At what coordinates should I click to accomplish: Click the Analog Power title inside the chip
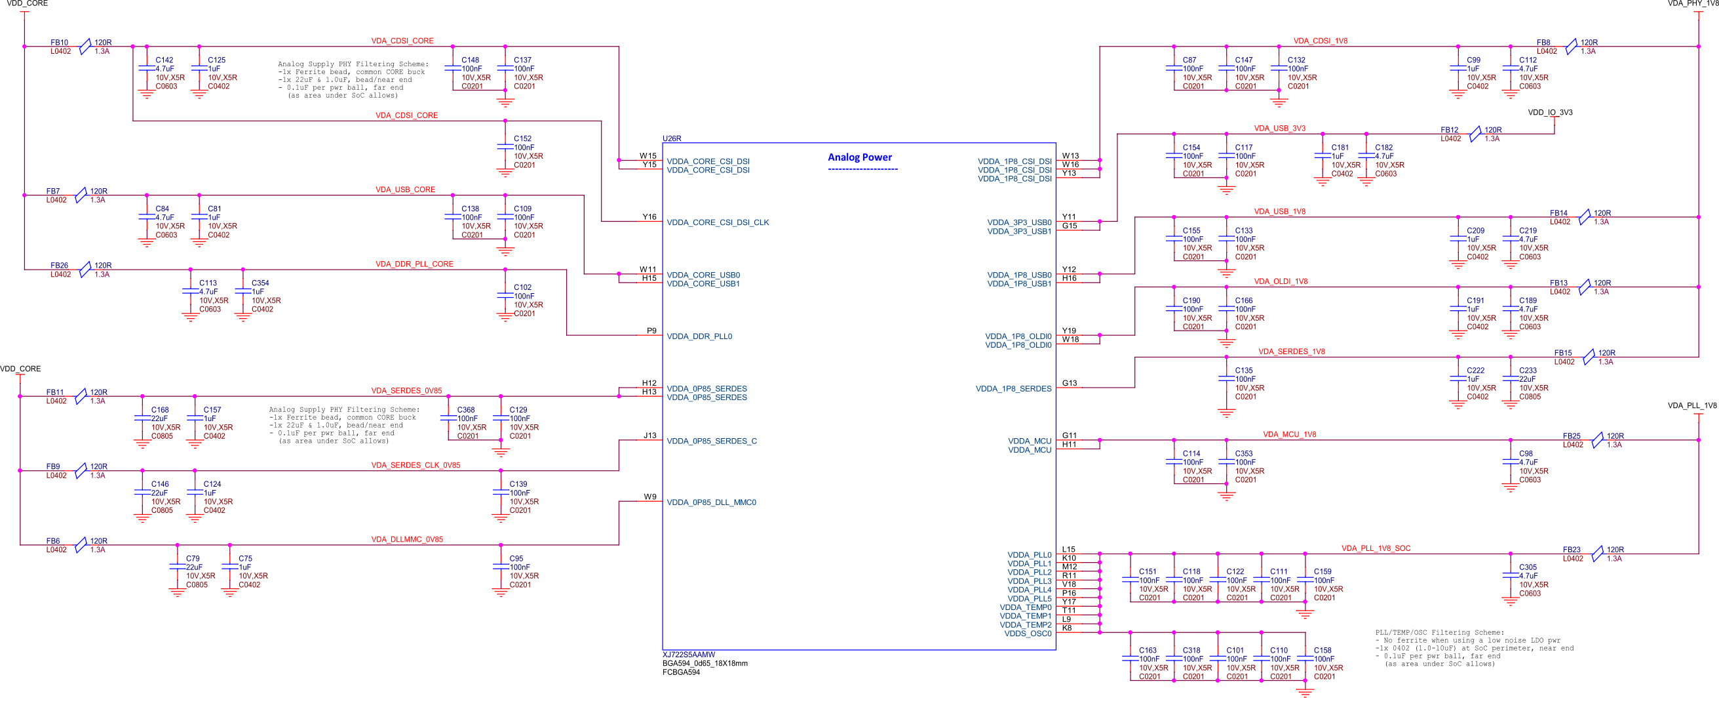tap(860, 157)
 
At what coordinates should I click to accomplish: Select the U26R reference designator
tap(671, 138)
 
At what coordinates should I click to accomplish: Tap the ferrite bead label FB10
tap(60, 43)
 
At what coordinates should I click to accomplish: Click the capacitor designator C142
tap(164, 60)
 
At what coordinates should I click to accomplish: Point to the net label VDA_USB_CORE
tap(405, 190)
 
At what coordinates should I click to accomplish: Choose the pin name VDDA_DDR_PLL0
tap(699, 336)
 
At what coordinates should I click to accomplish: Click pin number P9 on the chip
tap(651, 331)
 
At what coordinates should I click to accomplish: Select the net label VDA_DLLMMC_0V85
tap(406, 539)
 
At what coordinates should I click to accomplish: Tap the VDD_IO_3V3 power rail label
tap(1549, 112)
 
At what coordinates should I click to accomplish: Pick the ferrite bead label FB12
tap(1450, 130)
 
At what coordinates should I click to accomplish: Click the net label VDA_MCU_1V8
tap(1289, 435)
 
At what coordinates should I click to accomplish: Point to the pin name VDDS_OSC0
tap(1027, 634)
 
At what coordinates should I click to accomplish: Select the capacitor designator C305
tap(1528, 567)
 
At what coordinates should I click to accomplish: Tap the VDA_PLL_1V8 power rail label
tap(1691, 405)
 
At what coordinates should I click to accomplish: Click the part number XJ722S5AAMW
tap(689, 655)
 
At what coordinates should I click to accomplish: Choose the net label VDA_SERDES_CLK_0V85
tap(415, 465)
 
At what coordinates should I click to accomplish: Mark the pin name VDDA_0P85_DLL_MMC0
tap(710, 502)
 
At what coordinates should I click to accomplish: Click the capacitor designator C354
tap(260, 283)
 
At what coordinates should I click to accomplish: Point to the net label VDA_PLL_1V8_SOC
tap(1376, 548)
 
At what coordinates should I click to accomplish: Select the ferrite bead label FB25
tap(1572, 436)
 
